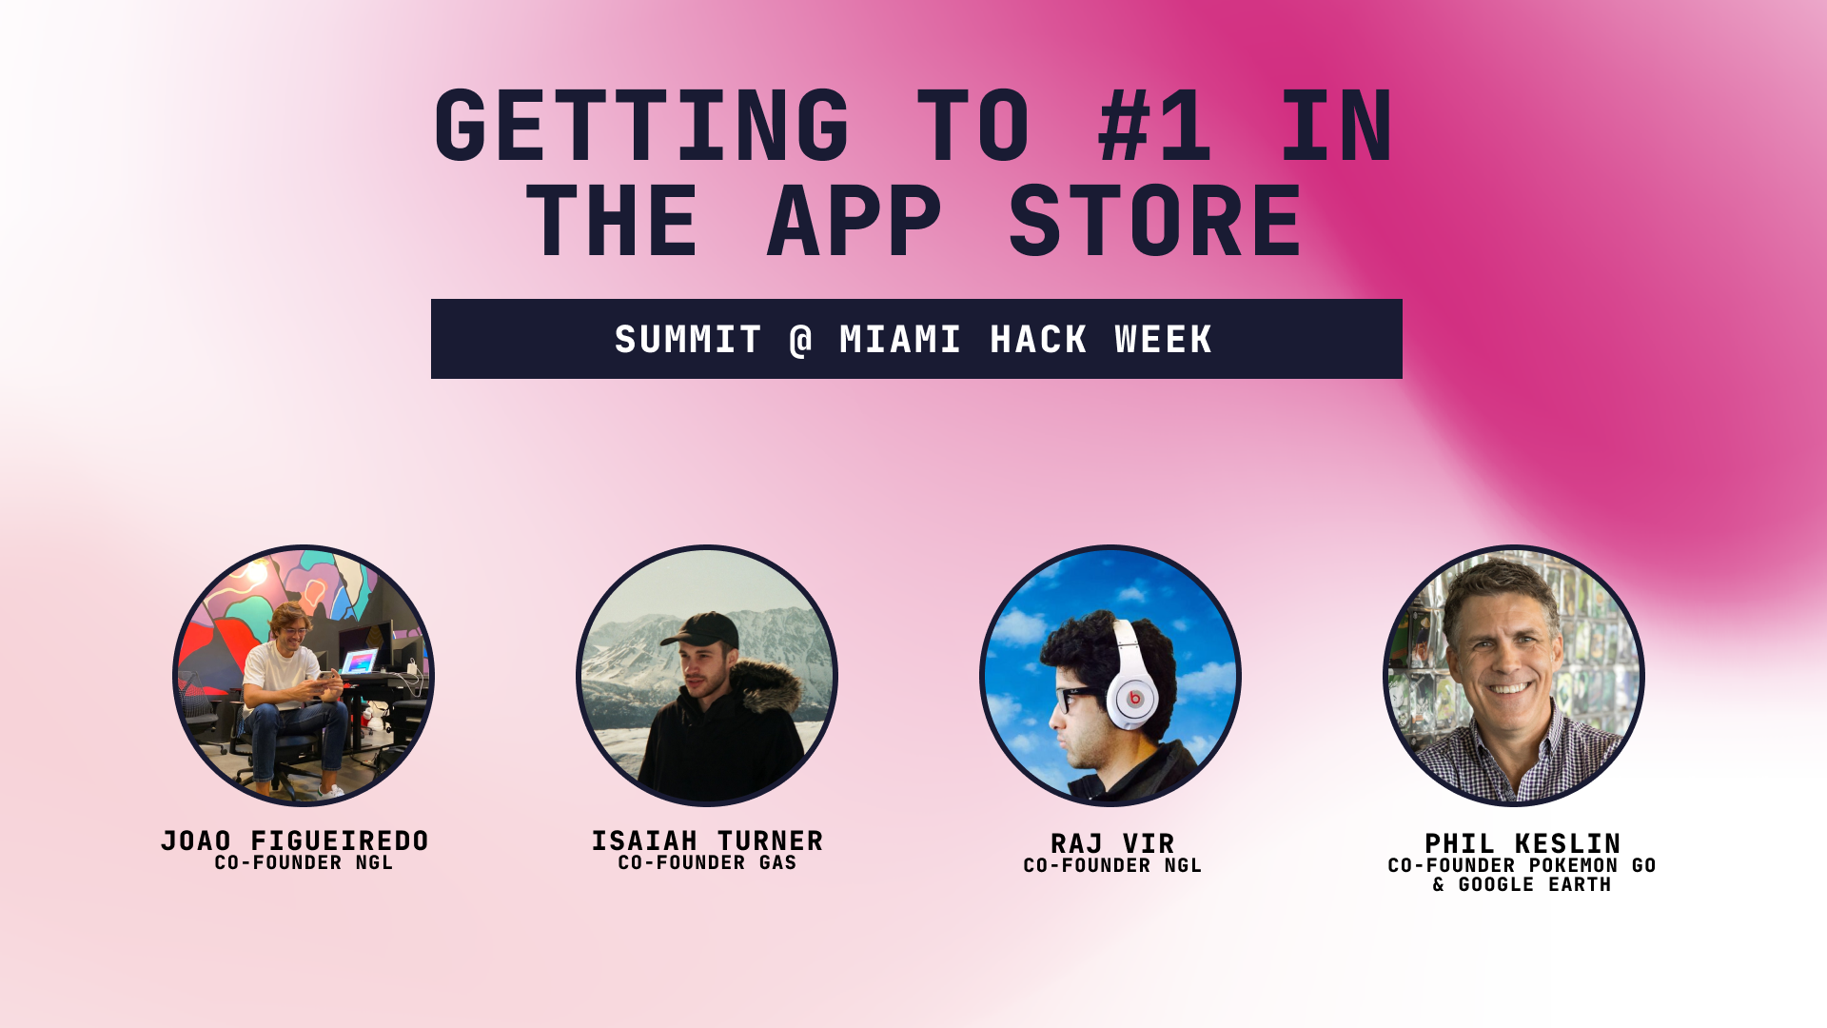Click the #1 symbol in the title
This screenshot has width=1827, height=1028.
point(1154,126)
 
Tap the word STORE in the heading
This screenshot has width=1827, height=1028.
point(1155,222)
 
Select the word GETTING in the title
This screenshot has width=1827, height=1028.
point(641,126)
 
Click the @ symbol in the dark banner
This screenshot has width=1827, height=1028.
point(801,340)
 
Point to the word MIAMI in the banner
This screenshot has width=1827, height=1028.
point(900,340)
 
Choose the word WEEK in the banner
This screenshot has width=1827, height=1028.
point(1163,340)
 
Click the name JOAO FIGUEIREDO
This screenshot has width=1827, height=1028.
point(295,840)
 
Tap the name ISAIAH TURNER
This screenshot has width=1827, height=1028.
point(707,840)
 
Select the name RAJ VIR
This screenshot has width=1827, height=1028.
point(1112,843)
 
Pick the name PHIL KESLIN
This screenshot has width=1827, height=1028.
point(1522,843)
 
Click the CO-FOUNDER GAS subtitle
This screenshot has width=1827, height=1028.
point(707,863)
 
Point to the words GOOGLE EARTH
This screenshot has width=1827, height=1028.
point(1534,885)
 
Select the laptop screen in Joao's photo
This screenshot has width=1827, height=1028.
point(360,660)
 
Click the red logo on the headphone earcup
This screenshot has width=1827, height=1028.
point(1134,699)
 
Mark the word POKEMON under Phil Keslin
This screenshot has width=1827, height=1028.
point(1574,866)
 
